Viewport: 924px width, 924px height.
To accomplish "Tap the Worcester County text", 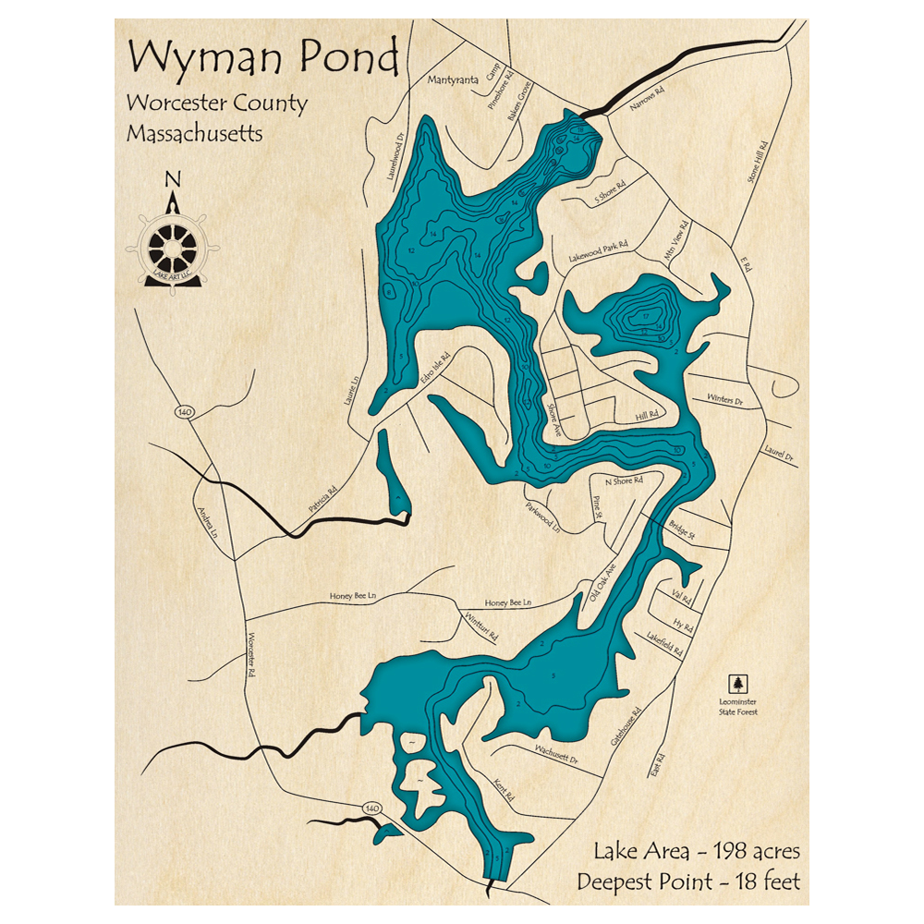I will point(217,103).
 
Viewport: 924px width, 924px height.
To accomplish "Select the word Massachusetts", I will point(195,133).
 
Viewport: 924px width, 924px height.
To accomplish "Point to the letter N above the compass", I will point(172,179).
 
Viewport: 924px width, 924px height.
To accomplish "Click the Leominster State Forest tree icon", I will point(737,684).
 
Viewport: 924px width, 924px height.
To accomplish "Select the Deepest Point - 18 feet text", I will point(688,881).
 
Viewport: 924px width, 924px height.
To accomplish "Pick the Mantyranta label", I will point(453,80).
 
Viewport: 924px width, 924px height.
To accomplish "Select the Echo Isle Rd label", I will point(434,368).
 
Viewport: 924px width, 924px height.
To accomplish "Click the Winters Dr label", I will point(725,400).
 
